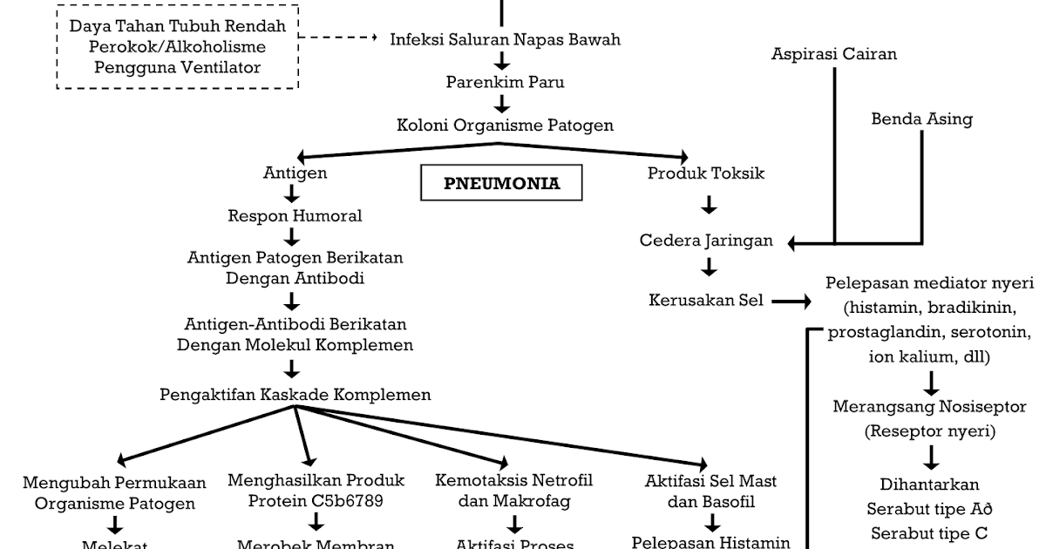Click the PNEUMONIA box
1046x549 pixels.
tap(501, 184)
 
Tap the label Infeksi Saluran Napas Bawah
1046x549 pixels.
tap(505, 40)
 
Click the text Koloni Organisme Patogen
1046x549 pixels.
tap(505, 125)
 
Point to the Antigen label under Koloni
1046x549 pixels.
tap(295, 173)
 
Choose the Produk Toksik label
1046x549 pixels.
tap(706, 173)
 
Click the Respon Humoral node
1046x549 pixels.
tap(295, 215)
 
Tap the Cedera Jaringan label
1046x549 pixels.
tap(706, 241)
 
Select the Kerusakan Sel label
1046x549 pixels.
tap(706, 301)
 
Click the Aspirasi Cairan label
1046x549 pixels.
tap(834, 54)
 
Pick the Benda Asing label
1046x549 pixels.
tap(921, 119)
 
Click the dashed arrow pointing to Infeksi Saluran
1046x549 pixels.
tap(340, 39)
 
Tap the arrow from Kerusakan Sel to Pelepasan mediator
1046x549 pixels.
tap(790, 302)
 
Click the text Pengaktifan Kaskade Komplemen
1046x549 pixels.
tap(295, 395)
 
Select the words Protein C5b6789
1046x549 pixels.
tap(316, 501)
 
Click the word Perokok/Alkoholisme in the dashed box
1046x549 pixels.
tap(177, 46)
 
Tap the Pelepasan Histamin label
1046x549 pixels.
tap(710, 542)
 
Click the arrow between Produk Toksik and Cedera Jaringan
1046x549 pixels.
tap(710, 206)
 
